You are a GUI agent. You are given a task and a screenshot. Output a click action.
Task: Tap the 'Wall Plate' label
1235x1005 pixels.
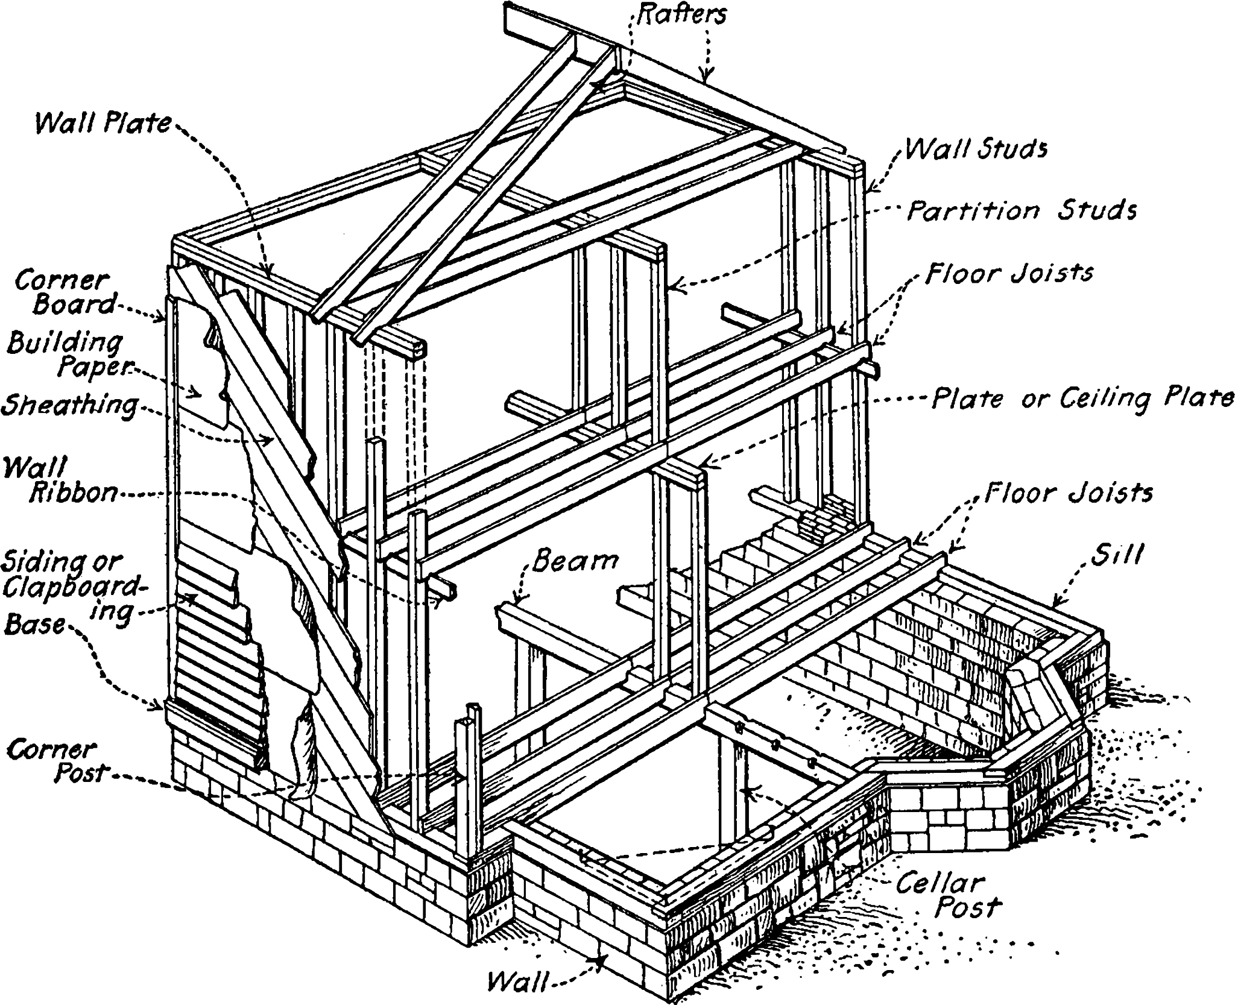103,124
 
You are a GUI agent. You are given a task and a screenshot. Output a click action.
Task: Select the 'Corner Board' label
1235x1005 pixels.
63,293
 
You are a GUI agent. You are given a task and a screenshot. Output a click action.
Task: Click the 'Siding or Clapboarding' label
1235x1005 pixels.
72,582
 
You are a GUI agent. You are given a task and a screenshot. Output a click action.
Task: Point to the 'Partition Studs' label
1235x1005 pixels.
1022,210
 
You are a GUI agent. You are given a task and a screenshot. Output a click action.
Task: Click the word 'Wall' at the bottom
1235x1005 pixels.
515,980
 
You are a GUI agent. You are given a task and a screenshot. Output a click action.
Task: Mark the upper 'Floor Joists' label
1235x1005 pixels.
1009,273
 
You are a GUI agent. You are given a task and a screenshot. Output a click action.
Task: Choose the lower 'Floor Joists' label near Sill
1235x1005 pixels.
1068,493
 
